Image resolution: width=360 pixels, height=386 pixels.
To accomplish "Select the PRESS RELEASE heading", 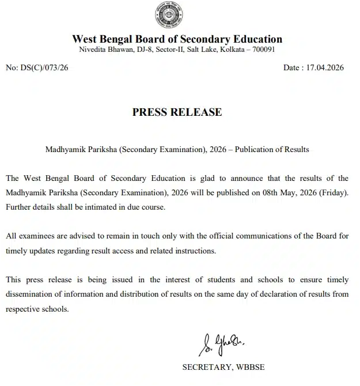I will pos(177,112).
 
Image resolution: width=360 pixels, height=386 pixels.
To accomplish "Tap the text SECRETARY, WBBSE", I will pos(223,366).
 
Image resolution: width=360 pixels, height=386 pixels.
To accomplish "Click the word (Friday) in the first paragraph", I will pos(334,192).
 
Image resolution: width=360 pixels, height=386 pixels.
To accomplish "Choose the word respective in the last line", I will pos(23,309).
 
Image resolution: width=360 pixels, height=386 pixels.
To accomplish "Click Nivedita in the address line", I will pos(92,50).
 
